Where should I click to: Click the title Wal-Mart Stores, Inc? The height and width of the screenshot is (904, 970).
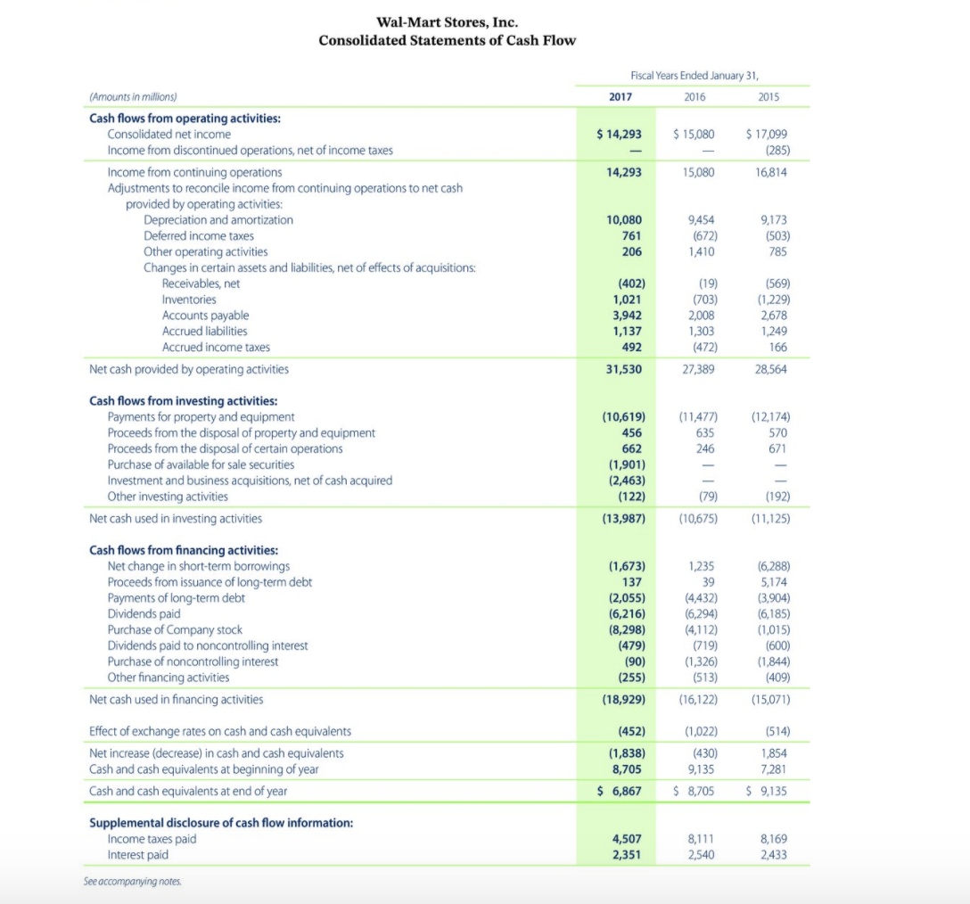(x=447, y=22)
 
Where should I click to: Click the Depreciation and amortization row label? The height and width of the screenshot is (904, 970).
(x=218, y=220)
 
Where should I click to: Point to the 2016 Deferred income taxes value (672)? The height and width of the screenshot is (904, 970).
(x=700, y=236)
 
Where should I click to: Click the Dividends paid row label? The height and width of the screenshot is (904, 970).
(x=143, y=613)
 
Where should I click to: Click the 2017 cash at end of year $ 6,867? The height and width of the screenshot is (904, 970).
(x=619, y=791)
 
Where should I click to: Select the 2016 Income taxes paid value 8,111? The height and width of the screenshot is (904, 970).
(x=699, y=839)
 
